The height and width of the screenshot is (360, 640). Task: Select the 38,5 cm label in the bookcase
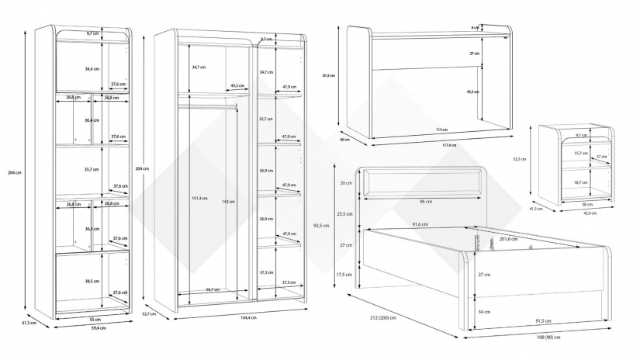92,281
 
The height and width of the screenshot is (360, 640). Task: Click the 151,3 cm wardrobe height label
197,198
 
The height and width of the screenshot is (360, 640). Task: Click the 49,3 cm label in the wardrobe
237,86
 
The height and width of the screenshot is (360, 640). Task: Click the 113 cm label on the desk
441,130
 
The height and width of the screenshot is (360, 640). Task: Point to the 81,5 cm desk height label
328,75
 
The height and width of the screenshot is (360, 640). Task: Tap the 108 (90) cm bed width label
548,336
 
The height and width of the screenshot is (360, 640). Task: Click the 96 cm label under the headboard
426,202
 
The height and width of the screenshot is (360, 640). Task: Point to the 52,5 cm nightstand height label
520,160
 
